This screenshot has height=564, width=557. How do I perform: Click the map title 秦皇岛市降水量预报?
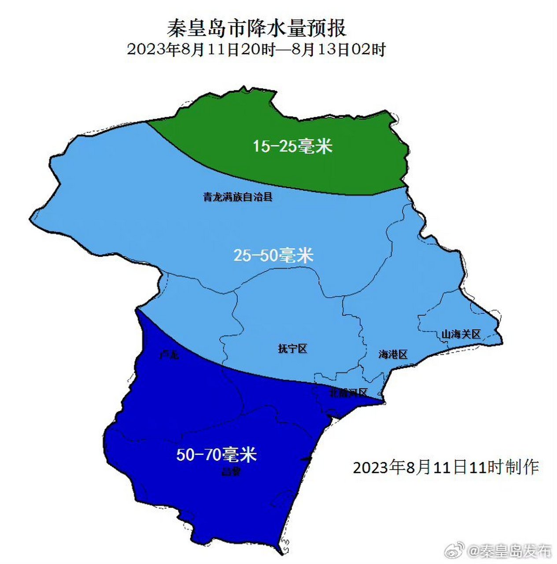[256, 29]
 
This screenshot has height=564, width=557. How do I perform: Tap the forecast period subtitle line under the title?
[256, 49]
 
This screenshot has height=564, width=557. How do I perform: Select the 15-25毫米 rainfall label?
[292, 145]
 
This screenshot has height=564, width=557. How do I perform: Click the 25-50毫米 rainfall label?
[273, 255]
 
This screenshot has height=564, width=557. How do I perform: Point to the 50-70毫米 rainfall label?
[216, 454]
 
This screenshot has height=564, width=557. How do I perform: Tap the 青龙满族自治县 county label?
[238, 197]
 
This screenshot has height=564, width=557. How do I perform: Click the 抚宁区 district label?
[292, 349]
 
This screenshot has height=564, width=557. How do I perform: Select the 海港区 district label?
[393, 354]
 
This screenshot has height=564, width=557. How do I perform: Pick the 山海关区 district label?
[461, 334]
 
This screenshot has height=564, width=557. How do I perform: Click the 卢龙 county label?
[170, 354]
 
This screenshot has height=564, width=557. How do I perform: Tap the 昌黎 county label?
[231, 472]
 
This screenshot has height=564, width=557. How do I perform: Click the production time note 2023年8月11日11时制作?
[446, 467]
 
